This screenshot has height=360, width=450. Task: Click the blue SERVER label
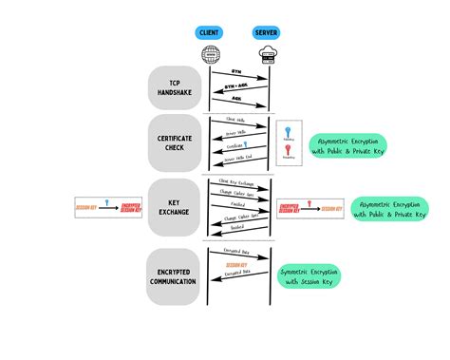coord(266,32)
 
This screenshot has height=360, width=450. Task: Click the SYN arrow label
coord(238,72)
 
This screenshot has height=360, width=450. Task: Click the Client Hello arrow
coord(238,122)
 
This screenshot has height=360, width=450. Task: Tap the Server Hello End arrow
coord(238,162)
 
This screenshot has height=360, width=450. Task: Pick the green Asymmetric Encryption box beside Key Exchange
coord(388,209)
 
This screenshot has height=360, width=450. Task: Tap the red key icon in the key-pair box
coord(289,151)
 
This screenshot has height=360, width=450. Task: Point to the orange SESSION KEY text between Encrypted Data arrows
coord(238,265)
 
